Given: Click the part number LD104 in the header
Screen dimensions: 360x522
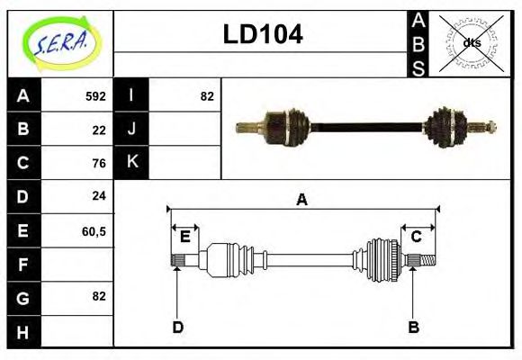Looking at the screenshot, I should [x=262, y=34].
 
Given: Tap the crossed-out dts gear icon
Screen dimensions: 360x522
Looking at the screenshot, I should [x=471, y=42].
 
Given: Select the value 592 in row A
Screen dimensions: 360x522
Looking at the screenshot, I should [x=95, y=96].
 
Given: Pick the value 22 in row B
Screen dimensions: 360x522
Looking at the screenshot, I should [x=99, y=130].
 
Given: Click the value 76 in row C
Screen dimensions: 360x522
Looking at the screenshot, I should [x=99, y=163].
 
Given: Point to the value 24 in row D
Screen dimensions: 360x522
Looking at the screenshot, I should [x=99, y=196].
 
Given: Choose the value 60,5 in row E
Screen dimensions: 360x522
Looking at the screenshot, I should [x=94, y=230].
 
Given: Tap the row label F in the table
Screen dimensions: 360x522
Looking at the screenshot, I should [x=23, y=264].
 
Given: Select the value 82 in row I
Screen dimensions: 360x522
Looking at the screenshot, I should [x=206, y=96].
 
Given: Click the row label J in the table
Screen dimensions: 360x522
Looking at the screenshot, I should [x=131, y=130].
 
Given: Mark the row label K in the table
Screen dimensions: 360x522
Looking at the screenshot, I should [x=131, y=163].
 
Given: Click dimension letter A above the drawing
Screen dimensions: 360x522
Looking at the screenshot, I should [x=301, y=200].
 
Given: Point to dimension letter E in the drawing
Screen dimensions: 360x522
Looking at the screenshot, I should [x=184, y=237].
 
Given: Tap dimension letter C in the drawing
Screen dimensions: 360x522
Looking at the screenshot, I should [x=417, y=237].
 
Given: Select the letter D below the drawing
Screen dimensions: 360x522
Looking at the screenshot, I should [x=177, y=327].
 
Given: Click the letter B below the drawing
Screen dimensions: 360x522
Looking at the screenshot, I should [x=413, y=327].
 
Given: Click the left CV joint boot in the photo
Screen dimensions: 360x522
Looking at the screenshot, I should [x=294, y=125].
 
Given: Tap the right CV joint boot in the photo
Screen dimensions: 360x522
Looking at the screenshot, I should [x=445, y=125].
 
